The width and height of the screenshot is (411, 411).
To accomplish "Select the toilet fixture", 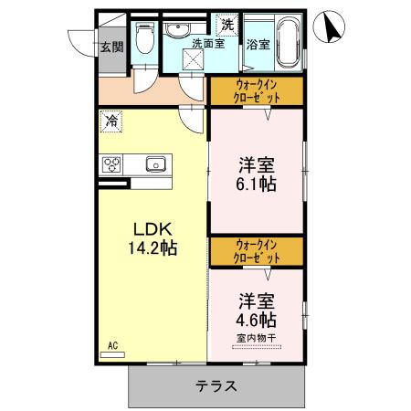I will pyautogui.click(x=144, y=37).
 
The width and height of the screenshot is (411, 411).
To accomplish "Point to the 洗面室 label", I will pyautogui.click(x=207, y=43).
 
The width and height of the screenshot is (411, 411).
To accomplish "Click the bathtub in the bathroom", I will pyautogui.click(x=285, y=40).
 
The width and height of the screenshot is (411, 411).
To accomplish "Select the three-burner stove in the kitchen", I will pyautogui.click(x=111, y=164).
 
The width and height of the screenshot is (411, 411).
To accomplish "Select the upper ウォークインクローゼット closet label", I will pyautogui.click(x=257, y=91).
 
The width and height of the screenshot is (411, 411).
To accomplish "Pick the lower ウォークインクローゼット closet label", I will pyautogui.click(x=257, y=250).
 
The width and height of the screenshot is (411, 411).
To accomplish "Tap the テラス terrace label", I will pyautogui.click(x=216, y=385).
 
